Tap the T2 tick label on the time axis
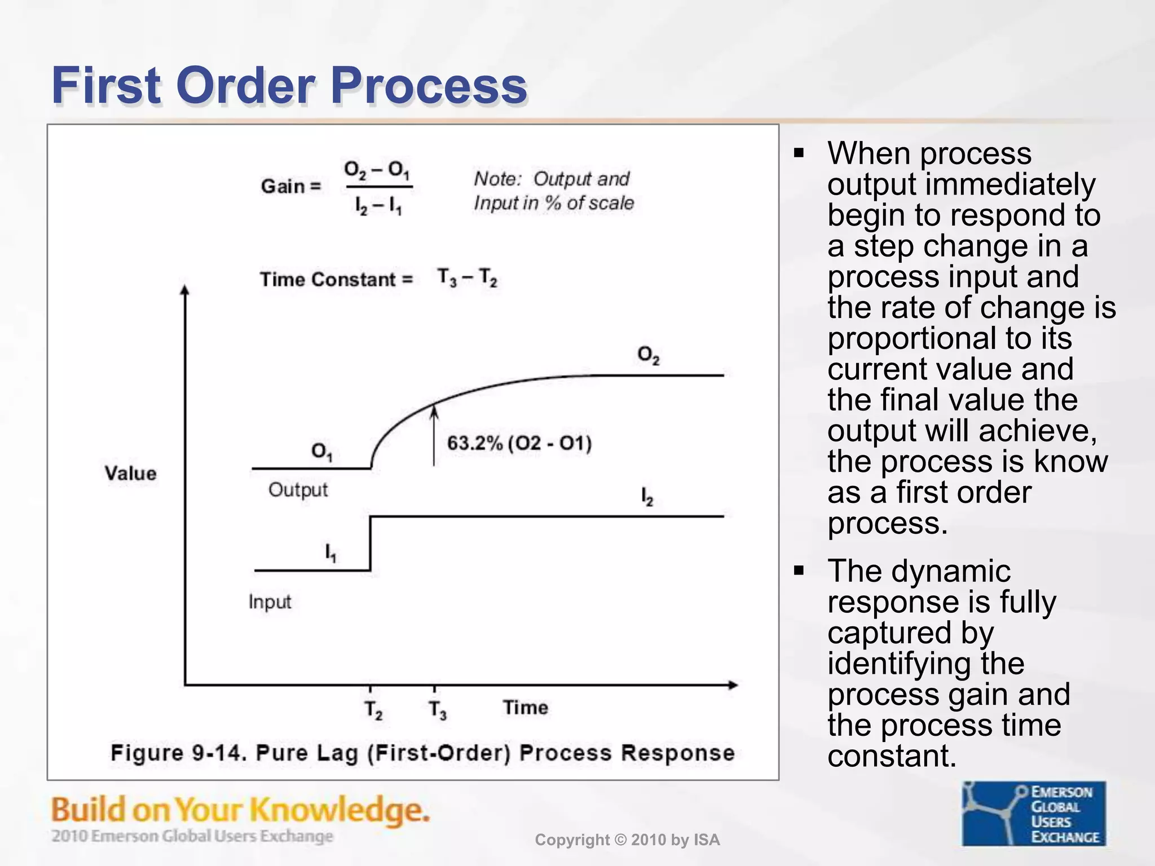(373, 709)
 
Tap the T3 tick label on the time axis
(437, 709)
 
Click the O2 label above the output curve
(648, 355)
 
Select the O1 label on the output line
(321, 451)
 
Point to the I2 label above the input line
(646, 497)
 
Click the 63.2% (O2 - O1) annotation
(519, 443)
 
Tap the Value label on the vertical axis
(130, 473)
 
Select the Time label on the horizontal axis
(525, 708)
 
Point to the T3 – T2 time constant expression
(467, 277)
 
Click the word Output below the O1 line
(298, 490)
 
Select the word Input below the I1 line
(270, 602)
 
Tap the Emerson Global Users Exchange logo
(1033, 813)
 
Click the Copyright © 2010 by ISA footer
(627, 840)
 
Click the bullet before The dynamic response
(799, 571)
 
